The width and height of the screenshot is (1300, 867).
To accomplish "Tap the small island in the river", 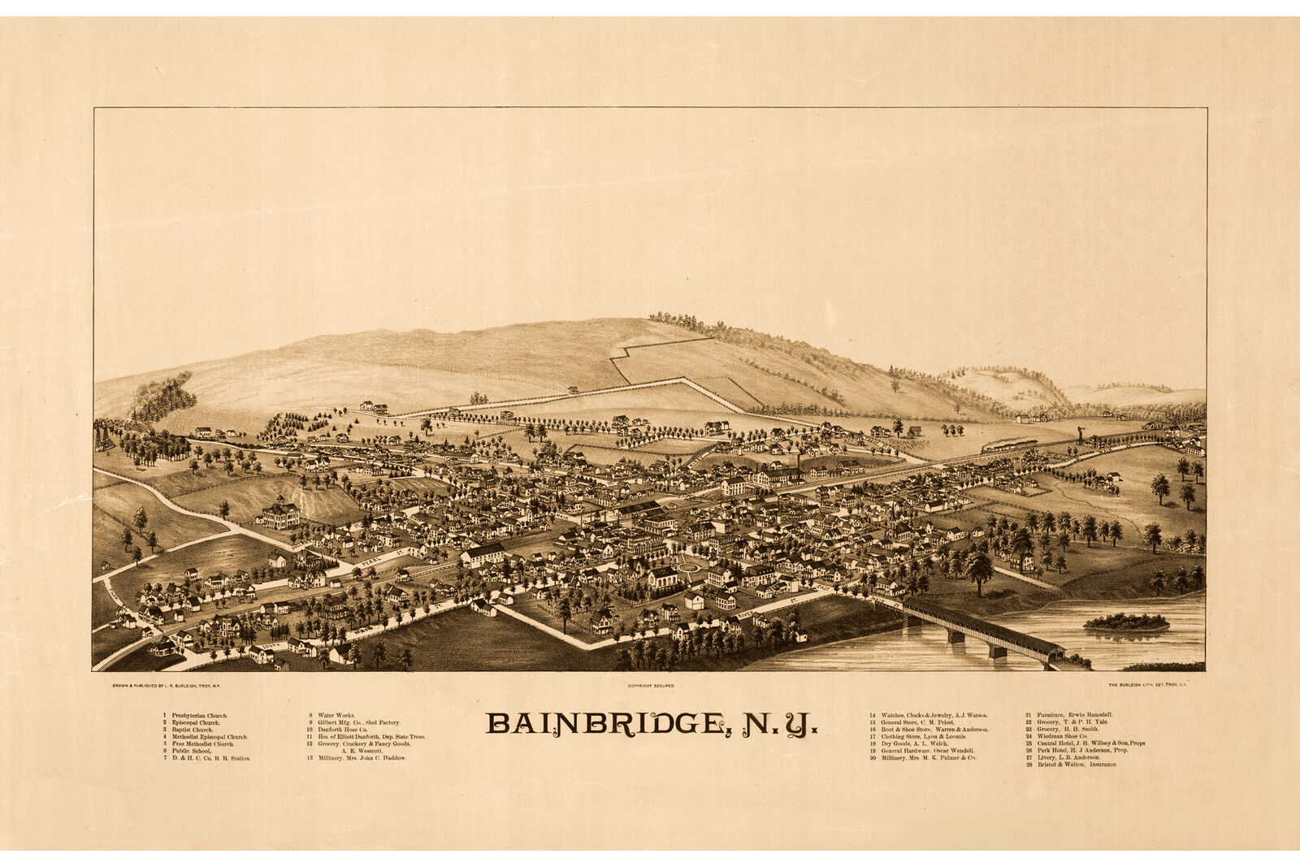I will click(1125, 623).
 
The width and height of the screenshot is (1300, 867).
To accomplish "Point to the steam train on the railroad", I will click(1009, 445).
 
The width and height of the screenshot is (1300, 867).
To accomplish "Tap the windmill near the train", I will click(1081, 431).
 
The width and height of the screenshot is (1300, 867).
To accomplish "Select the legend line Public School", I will click(191, 751).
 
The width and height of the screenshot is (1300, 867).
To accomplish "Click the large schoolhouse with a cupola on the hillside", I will click(279, 514).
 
